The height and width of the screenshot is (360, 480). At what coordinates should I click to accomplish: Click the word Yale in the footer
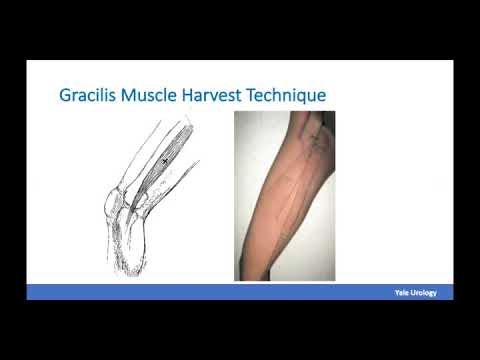(404, 292)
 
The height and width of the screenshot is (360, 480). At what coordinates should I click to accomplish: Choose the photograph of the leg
(284, 195)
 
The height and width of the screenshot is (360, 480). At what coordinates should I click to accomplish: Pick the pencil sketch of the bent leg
(150, 195)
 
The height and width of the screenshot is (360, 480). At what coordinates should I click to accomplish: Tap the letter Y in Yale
(398, 292)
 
